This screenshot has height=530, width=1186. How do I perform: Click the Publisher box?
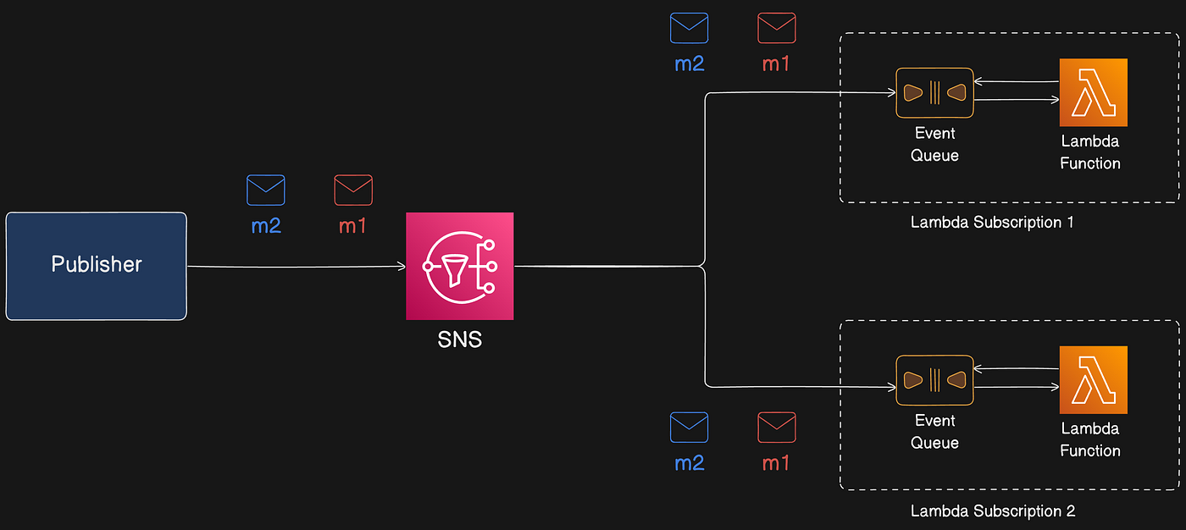[97, 266]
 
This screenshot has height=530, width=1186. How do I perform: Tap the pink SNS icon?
[459, 266]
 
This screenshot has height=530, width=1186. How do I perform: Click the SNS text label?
[459, 340]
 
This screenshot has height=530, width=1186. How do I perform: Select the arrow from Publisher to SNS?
[296, 267]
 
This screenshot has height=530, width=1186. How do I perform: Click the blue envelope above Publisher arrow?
[266, 190]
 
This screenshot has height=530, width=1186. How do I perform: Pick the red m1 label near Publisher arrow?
[352, 227]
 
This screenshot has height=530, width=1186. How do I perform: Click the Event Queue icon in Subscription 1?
[934, 93]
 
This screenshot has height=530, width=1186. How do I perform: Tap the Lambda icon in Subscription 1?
[1094, 92]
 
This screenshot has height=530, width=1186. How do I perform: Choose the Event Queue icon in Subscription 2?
[934, 380]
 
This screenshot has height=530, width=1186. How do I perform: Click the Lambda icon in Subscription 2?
[1094, 379]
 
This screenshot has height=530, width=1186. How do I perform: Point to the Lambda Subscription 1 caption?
[993, 224]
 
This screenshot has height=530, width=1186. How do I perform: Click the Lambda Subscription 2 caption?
[993, 511]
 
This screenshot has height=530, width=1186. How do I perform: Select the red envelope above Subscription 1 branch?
[776, 28]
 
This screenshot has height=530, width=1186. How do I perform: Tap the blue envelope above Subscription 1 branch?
[690, 28]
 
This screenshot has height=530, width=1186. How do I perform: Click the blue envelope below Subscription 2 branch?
[690, 428]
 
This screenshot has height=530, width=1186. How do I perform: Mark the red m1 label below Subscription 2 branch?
[776, 463]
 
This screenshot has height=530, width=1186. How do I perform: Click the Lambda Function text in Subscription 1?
[1090, 153]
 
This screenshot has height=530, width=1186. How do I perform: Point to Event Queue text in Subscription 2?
[935, 432]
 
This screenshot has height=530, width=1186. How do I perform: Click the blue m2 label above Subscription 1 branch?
[690, 63]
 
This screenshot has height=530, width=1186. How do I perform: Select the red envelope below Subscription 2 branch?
[776, 428]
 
